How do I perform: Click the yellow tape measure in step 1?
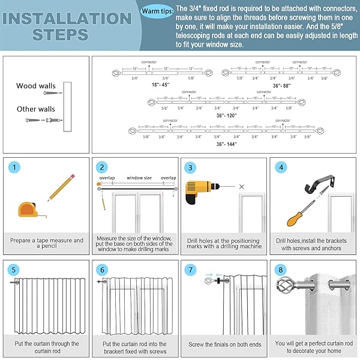coord(28,212)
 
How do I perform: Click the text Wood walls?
coord(36,86)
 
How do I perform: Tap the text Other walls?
coord(36,109)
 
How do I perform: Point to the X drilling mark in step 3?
coord(241,187)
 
